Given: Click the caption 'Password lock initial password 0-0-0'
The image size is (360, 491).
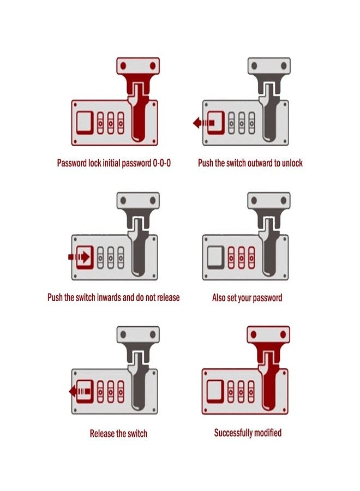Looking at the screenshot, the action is [x=113, y=163].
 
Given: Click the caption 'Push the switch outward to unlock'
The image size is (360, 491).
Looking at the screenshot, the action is [x=250, y=163].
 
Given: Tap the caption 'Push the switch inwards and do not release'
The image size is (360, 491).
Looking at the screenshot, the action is [x=113, y=297].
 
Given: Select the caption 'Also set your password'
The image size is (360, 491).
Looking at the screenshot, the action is [x=247, y=297].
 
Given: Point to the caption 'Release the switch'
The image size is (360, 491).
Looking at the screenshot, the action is [x=118, y=433].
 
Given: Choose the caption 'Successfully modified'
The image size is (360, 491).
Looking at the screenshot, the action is [x=248, y=433].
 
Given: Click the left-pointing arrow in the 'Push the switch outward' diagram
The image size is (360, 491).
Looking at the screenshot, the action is [x=203, y=122].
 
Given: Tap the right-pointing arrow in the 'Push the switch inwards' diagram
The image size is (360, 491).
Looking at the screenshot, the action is [x=79, y=257].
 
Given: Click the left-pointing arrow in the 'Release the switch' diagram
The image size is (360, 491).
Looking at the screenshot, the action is [x=80, y=391].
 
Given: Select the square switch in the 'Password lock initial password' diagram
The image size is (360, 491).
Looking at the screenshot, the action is [x=85, y=123].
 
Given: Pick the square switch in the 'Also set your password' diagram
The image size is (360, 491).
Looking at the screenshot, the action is [x=215, y=258].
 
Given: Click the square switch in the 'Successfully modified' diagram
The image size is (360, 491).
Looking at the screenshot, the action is [x=215, y=391].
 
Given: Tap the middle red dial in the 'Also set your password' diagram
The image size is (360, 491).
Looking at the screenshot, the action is [x=241, y=258].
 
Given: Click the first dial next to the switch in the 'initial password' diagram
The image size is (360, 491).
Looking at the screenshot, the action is [x=100, y=123].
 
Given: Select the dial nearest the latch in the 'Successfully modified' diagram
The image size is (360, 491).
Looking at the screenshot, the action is [x=251, y=391].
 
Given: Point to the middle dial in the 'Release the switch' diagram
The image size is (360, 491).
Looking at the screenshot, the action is [x=111, y=392].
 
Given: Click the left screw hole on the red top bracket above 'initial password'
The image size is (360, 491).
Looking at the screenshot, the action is [x=123, y=66].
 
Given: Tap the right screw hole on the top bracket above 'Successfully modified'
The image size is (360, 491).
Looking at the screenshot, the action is [x=283, y=334].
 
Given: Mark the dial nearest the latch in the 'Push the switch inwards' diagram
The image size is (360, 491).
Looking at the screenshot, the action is [x=121, y=258].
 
